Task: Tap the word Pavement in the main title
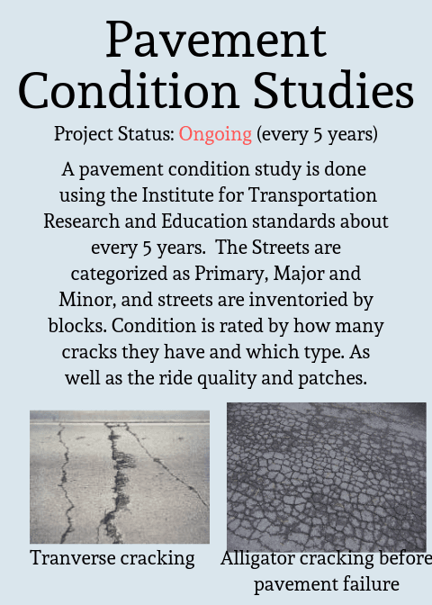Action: click(216, 40)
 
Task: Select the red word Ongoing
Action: click(215, 135)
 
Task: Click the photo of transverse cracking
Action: click(120, 476)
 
